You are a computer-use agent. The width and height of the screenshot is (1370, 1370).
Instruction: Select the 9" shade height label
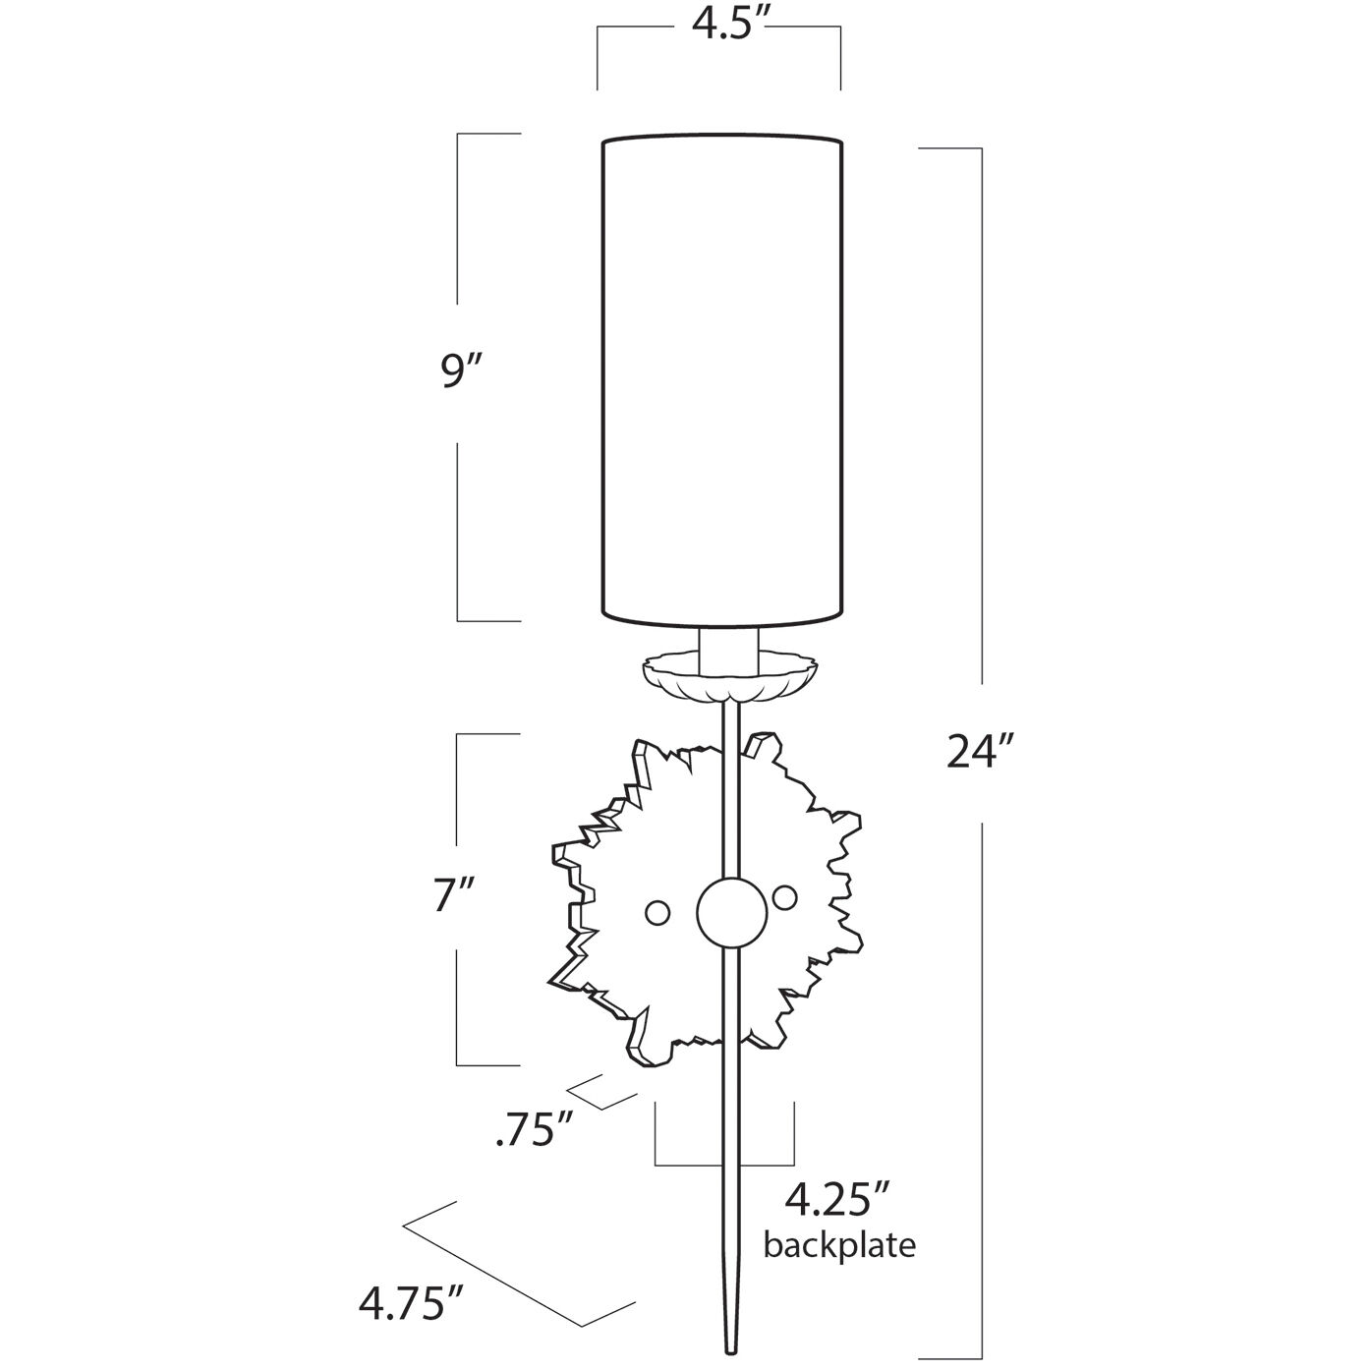[462, 373]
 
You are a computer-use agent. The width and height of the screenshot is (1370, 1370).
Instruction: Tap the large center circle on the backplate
[730, 911]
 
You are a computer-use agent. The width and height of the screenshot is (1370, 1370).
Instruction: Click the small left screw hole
[656, 912]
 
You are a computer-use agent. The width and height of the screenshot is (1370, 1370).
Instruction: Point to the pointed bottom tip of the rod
[731, 1350]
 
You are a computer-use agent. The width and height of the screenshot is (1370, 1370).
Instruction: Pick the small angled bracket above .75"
[601, 1112]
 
